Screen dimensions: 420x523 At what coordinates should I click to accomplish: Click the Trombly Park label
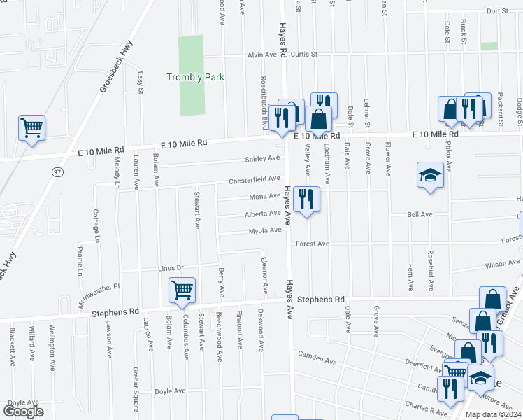click(x=195, y=77)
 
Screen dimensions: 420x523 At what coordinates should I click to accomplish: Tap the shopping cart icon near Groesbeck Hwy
click(x=31, y=129)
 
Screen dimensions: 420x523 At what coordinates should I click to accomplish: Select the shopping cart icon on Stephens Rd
click(x=182, y=290)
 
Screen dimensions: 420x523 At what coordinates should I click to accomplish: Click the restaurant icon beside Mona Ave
click(x=306, y=199)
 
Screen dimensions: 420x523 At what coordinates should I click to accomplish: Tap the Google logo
click(x=23, y=411)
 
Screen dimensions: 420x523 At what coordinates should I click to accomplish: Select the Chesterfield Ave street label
click(x=255, y=180)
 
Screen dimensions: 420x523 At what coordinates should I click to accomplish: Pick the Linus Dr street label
click(x=170, y=268)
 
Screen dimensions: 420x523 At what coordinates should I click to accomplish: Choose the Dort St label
click(x=497, y=11)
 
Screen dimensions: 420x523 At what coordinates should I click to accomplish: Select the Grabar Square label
click(x=135, y=395)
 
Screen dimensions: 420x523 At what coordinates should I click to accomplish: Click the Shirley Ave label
click(x=263, y=159)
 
